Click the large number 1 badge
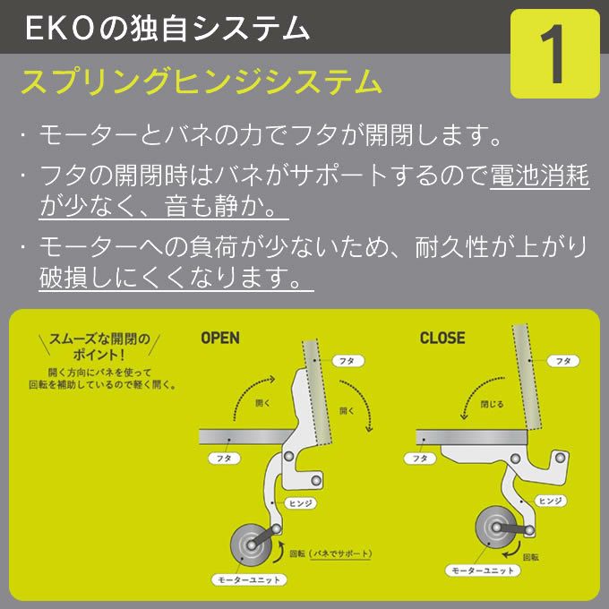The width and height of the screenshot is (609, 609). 554,54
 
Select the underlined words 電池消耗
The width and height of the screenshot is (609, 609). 540,175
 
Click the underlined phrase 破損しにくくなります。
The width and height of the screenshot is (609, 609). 175,277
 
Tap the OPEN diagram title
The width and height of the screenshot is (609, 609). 220,339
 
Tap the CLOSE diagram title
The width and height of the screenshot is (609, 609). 442,339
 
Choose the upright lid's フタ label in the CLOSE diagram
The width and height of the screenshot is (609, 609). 563,361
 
